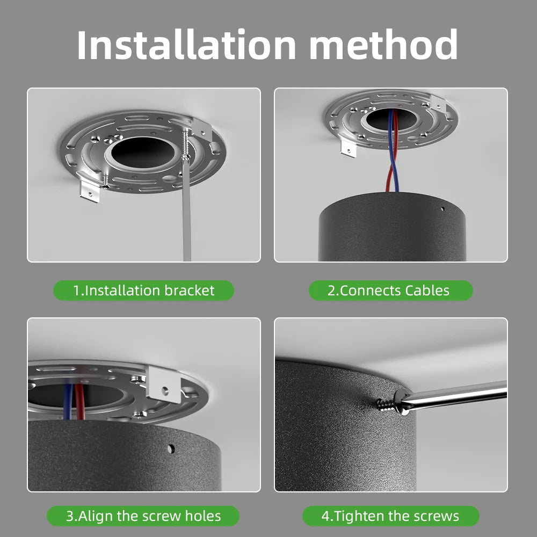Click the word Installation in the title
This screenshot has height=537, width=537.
[x=186, y=45]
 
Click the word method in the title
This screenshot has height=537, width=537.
[x=383, y=45]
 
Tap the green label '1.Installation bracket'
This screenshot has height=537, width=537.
[x=144, y=291]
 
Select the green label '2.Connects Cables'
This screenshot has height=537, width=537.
[x=391, y=291]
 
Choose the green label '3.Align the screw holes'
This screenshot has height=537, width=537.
[x=143, y=516]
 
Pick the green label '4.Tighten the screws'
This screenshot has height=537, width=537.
[x=391, y=516]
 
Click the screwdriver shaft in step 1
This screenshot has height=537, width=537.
[x=187, y=209]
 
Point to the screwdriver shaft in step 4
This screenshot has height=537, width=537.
[x=455, y=394]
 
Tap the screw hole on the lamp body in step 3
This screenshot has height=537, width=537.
[x=171, y=448]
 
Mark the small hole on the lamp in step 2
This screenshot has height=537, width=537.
[x=442, y=208]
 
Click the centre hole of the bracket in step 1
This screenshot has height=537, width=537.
[x=144, y=153]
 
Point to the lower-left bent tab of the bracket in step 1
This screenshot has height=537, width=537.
[x=90, y=191]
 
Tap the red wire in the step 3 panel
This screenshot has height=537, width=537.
[x=80, y=401]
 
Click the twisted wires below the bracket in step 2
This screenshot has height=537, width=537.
[x=393, y=151]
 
